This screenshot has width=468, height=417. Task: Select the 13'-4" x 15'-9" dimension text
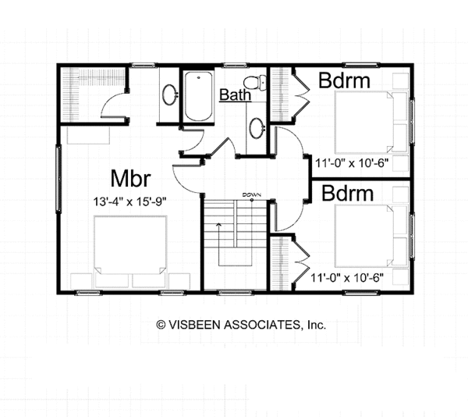129,200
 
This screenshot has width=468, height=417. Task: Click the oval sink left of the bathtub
168,95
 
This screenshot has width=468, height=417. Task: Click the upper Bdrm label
343,81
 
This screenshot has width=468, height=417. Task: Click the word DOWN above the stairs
250,194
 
